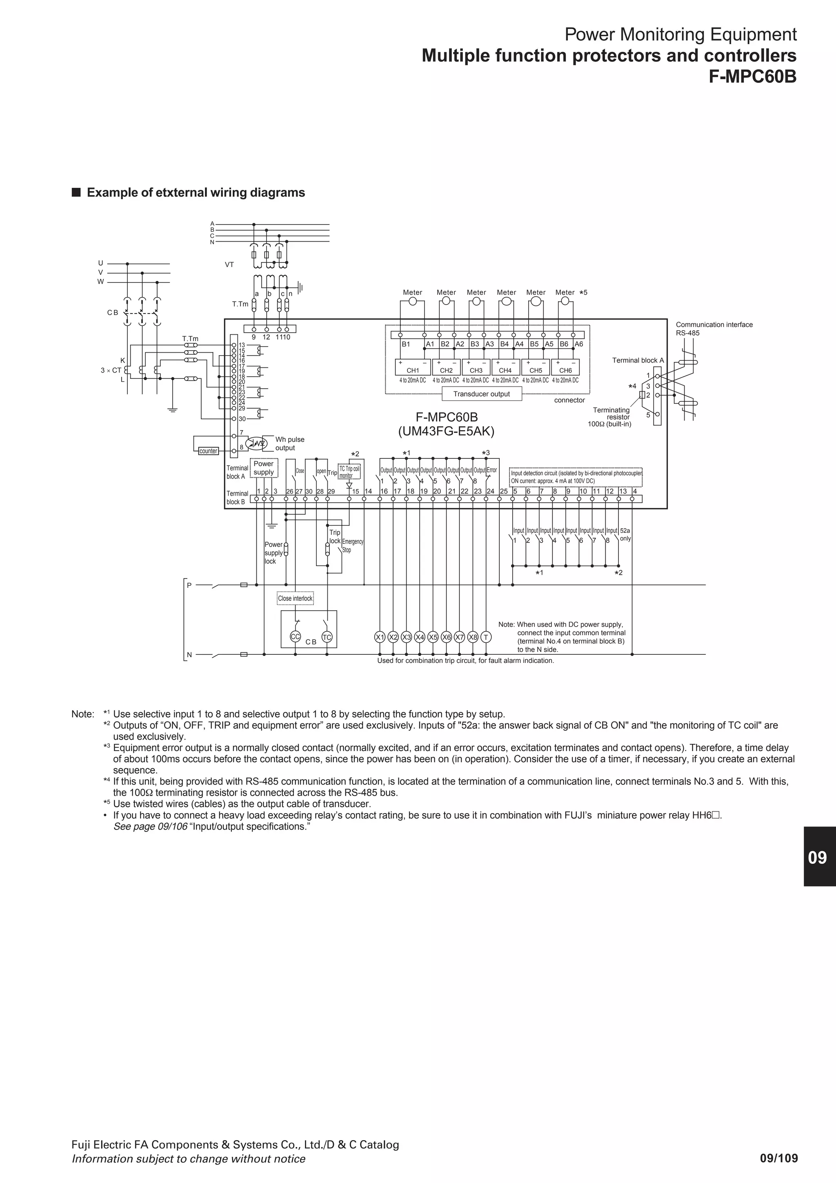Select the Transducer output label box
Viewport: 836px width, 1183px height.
(482, 394)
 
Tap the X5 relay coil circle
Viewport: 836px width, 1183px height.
(433, 637)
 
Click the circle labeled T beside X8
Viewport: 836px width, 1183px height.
(486, 637)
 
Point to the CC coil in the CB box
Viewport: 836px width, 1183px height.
(295, 637)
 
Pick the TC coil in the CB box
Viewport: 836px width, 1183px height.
(327, 637)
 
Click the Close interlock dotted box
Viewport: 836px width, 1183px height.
(295, 598)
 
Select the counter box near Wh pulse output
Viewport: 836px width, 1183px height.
(209, 451)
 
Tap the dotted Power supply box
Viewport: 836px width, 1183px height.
(264, 468)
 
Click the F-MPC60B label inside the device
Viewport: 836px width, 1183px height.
(447, 417)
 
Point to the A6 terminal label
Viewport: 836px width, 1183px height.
(579, 344)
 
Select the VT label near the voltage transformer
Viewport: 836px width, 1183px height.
(229, 265)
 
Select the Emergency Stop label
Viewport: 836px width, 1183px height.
(353, 546)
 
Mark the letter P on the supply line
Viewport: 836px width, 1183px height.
(189, 585)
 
